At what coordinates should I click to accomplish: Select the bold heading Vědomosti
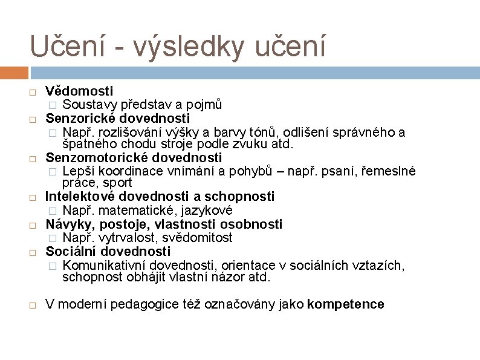79,91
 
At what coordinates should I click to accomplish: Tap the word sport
118,183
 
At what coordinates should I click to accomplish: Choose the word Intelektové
80,196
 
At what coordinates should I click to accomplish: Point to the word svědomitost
197,238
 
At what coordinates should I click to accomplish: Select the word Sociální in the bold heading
71,251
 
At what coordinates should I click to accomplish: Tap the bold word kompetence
345,304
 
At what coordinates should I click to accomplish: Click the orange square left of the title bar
15,73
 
